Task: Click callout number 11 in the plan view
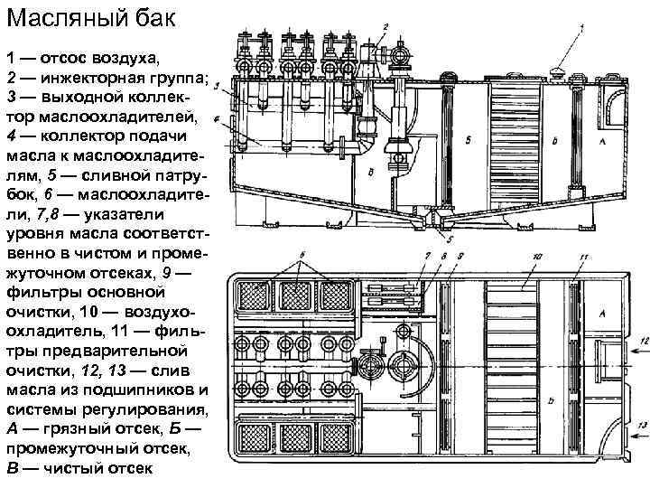pyautogui.click(x=583, y=258)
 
